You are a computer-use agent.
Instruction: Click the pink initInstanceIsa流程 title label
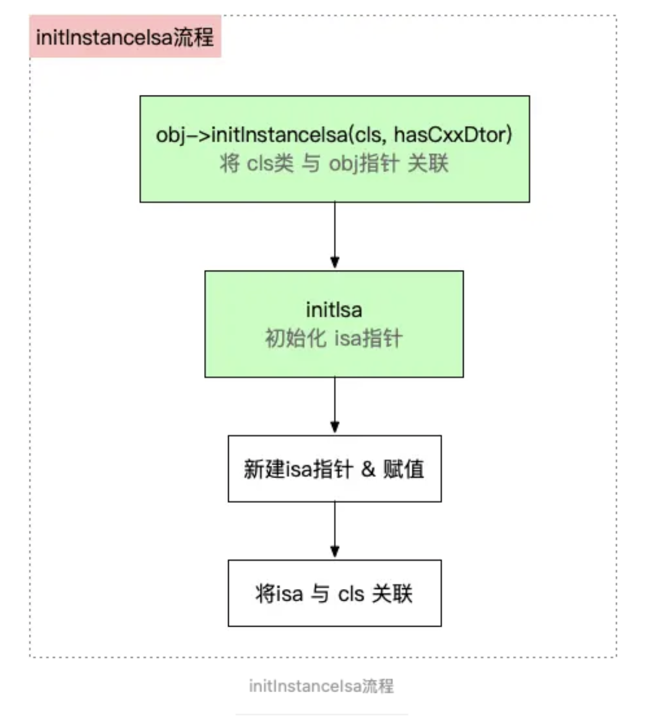(x=125, y=37)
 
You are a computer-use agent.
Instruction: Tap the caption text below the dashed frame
(x=321, y=686)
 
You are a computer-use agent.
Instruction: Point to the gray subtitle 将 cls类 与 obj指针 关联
(x=334, y=163)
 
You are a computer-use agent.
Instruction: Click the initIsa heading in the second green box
(x=334, y=310)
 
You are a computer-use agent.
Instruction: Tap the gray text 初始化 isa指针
(x=334, y=338)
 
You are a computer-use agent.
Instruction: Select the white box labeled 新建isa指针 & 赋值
(x=334, y=469)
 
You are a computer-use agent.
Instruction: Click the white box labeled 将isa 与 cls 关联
(x=334, y=593)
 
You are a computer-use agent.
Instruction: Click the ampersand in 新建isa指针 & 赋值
(x=368, y=469)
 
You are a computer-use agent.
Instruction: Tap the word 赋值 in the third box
(x=404, y=469)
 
